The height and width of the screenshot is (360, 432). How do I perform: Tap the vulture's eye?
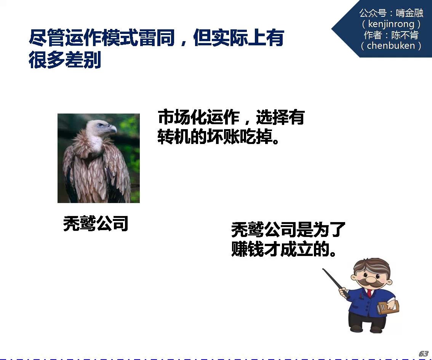tap(101, 125)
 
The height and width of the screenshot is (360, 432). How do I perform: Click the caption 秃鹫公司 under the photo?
tap(96, 223)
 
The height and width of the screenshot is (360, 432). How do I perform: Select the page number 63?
tap(424, 354)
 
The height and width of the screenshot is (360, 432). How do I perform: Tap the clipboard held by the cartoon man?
tap(388, 308)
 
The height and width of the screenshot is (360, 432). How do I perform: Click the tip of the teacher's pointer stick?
tap(323, 269)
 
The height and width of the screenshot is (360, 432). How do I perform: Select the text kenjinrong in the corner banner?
tap(391, 24)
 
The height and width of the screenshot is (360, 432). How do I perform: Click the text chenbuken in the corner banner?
tap(391, 45)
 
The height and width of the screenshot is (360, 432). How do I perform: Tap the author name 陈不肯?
tap(405, 35)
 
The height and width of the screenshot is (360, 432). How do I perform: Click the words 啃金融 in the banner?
tap(409, 13)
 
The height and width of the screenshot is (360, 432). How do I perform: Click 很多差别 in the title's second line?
tap(65, 59)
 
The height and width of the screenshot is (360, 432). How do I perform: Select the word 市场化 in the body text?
tap(182, 117)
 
